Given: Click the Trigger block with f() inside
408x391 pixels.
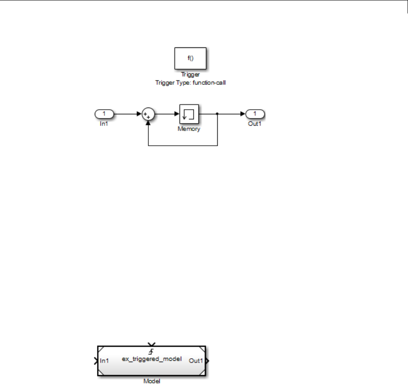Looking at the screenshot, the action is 190,58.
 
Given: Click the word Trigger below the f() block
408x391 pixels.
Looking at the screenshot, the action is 190,75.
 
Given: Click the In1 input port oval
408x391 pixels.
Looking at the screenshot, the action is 104,113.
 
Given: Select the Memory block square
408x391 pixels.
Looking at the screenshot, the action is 189,114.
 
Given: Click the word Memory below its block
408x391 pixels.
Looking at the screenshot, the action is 189,129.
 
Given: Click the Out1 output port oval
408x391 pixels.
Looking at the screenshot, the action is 255,113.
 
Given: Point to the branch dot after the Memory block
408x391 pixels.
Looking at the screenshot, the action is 217,114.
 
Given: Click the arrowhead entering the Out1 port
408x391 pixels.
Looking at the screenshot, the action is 243,114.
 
